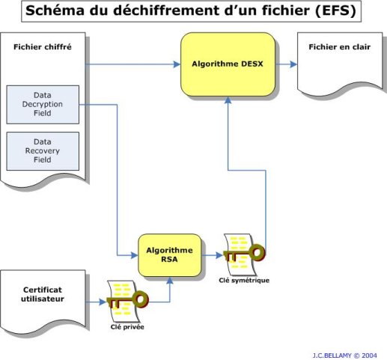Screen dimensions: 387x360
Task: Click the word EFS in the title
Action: point(335,10)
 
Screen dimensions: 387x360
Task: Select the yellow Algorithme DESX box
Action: point(228,64)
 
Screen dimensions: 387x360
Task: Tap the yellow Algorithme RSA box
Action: point(170,255)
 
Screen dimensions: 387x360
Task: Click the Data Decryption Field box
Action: point(43,105)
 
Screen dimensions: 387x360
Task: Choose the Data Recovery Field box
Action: point(43,151)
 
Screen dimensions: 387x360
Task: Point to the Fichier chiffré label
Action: point(43,47)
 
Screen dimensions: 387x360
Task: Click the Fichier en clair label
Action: point(340,47)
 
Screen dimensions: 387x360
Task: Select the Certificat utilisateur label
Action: point(43,294)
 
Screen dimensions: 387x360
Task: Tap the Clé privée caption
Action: point(127,327)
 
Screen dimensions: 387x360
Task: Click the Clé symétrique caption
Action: point(244,280)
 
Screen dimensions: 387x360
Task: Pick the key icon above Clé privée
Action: point(127,301)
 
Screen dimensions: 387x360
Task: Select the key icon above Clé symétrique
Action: point(244,254)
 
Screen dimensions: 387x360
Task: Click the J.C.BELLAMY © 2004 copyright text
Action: point(344,355)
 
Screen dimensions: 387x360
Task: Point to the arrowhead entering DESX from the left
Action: point(177,64)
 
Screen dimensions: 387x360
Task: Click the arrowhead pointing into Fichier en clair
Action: point(293,64)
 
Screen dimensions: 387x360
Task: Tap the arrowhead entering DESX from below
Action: point(228,100)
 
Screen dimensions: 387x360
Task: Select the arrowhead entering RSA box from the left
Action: point(135,255)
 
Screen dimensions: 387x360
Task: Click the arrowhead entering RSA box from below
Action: point(170,280)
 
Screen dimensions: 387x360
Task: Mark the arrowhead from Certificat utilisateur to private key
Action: point(103,302)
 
